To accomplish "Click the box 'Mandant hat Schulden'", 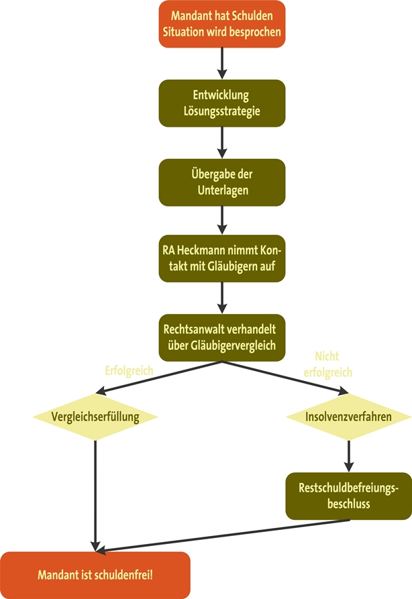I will click(x=221, y=23).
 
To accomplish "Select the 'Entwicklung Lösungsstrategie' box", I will click(x=221, y=102).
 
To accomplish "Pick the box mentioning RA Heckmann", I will click(x=221, y=260).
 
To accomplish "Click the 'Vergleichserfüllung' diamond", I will click(x=95, y=417).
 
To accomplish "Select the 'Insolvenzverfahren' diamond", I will click(x=348, y=417).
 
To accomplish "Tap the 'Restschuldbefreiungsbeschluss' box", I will click(x=348, y=496).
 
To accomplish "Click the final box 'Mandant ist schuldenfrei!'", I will click(x=95, y=575).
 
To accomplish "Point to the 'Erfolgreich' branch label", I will click(x=129, y=370).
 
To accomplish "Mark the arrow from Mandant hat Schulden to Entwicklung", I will click(x=221, y=63).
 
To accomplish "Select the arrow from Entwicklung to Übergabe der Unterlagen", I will click(x=221, y=142).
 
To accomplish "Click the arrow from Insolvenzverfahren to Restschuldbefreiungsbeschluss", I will click(x=348, y=456).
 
